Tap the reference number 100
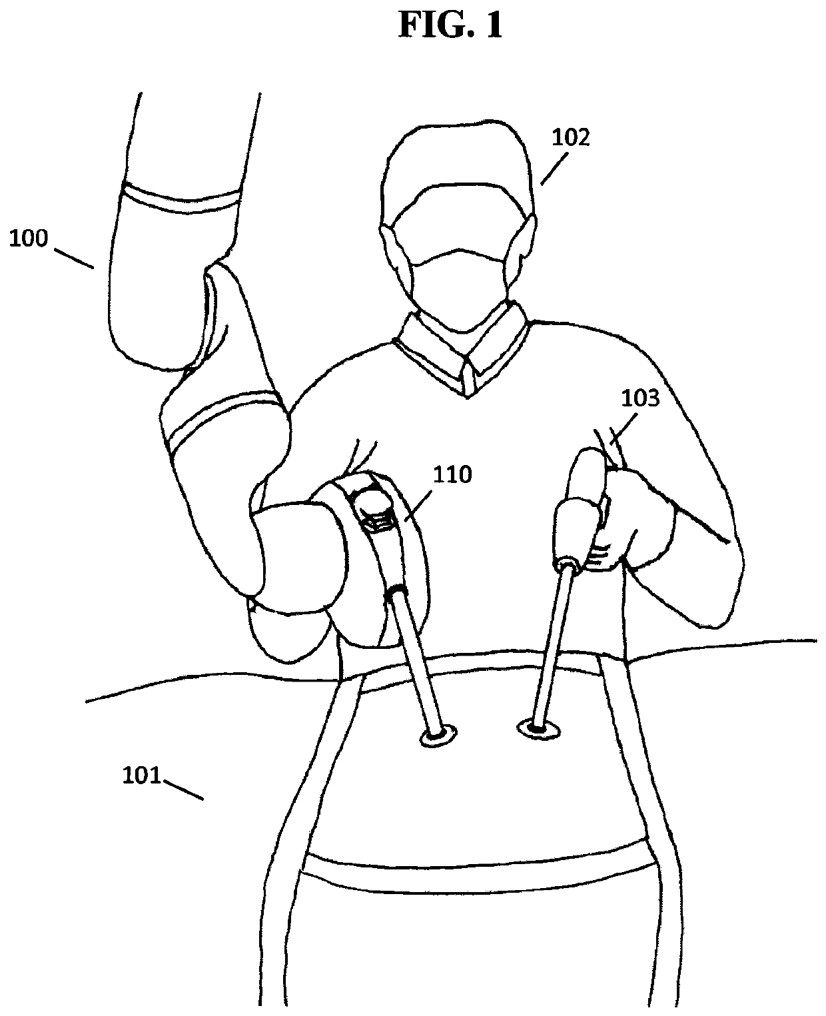pyautogui.click(x=29, y=239)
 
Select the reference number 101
pyautogui.click(x=142, y=775)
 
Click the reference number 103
pyautogui.click(x=640, y=399)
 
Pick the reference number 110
pyautogui.click(x=452, y=475)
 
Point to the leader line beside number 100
pyautogui.click(x=73, y=258)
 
